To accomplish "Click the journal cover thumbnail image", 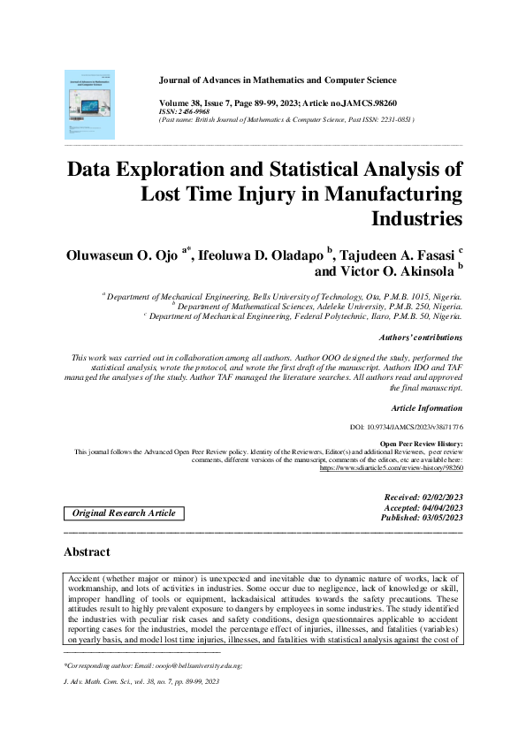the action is point(90,102).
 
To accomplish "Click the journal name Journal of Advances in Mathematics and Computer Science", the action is point(308,56).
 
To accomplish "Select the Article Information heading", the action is point(426,408).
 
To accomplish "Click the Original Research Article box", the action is point(111,513).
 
